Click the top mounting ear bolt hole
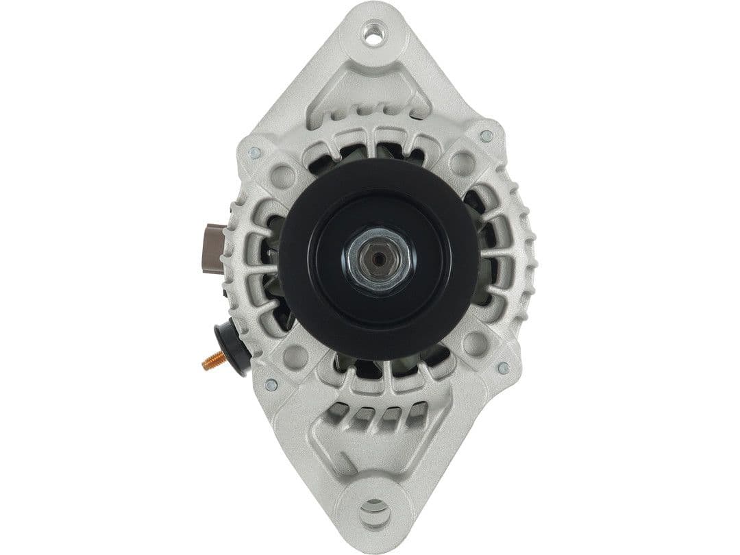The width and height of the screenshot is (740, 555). [x=373, y=36]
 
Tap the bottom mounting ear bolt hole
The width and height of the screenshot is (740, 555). [x=375, y=508]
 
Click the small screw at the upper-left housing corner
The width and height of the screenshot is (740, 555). [x=254, y=153]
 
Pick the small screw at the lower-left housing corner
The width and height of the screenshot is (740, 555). [x=271, y=384]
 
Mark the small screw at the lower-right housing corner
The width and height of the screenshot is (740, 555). [x=503, y=368]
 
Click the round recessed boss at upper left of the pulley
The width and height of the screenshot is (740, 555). [x=284, y=176]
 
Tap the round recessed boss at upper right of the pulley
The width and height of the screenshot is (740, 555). [x=462, y=163]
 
